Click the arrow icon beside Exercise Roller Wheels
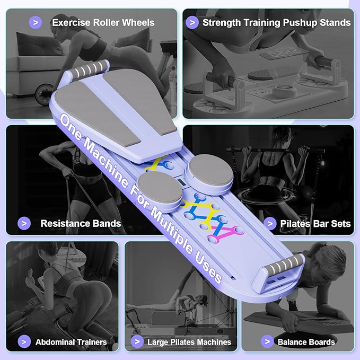coord(36,22)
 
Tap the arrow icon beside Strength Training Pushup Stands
coord(192,22)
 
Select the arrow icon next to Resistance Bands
coord(24,223)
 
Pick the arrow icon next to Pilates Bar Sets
coord(270,223)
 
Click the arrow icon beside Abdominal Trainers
coord(24,341)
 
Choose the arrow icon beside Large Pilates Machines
coord(137,341)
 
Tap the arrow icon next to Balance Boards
coord(267,341)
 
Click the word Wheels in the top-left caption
coord(138,22)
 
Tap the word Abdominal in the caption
coord(52,342)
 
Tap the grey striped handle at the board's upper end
coord(89,69)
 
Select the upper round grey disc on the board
coord(208,171)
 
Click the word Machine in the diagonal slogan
coord(106,163)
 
